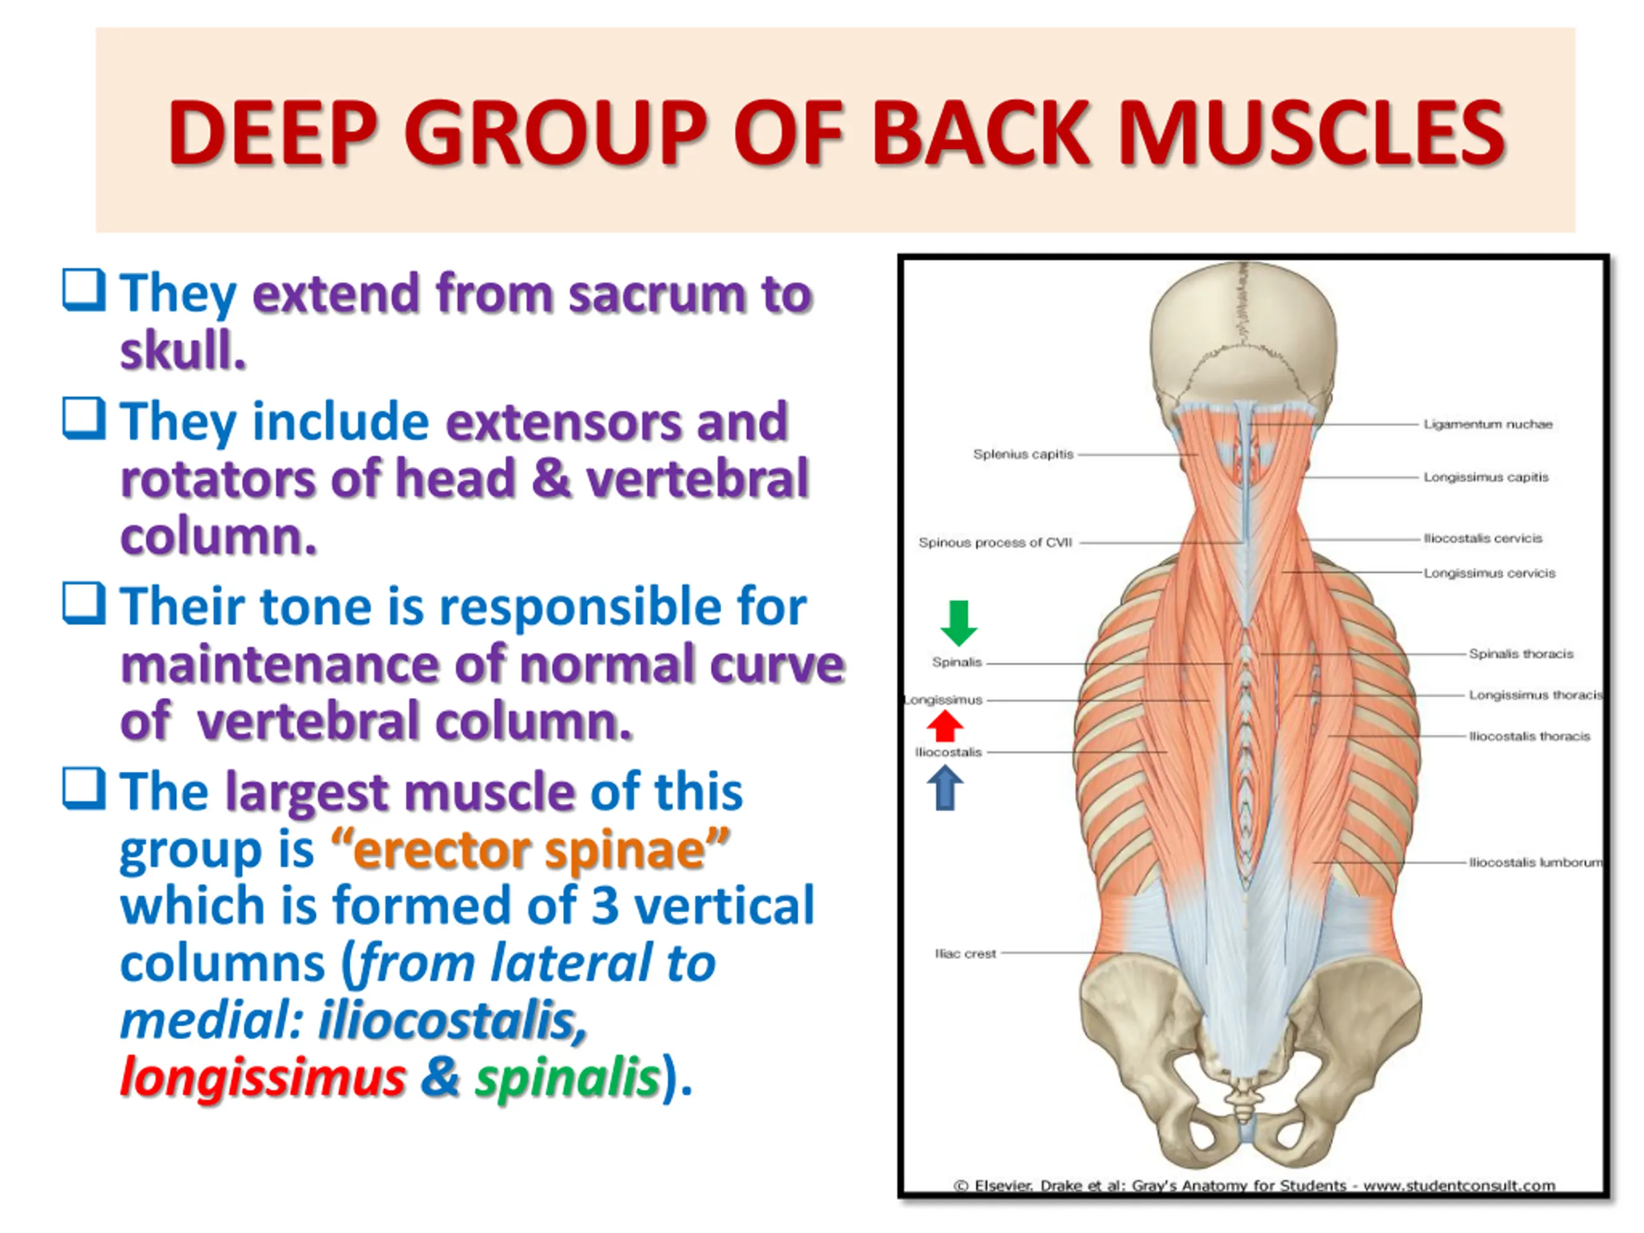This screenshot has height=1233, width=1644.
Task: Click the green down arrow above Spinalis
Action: point(959,623)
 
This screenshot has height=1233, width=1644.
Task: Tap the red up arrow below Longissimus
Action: point(945,726)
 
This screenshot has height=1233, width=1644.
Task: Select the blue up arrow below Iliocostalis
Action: point(945,788)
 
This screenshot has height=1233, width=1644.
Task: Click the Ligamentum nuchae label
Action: point(1488,424)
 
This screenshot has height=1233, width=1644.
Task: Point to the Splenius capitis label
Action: point(1024,454)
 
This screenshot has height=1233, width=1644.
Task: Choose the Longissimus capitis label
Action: point(1485,477)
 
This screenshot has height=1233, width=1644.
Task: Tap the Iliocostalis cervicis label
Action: point(1483,538)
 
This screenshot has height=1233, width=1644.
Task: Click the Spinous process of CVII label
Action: point(995,543)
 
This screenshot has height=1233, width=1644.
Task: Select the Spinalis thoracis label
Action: point(1521,654)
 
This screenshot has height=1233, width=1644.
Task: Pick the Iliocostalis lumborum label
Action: point(1535,862)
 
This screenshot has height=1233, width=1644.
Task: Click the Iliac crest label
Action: point(965,954)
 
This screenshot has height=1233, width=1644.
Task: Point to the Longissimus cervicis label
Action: point(1489,573)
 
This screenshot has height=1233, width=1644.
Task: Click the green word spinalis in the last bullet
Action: point(568,1079)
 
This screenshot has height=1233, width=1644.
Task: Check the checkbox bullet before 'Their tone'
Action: point(83,603)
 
